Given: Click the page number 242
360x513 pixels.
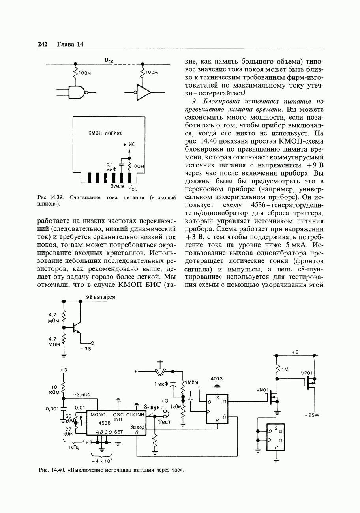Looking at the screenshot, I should coord(42,44).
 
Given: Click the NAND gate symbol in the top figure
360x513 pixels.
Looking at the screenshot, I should coord(77,93).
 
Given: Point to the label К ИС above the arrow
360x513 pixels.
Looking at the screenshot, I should coord(129,144).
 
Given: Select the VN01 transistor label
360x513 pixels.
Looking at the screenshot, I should coord(262,390).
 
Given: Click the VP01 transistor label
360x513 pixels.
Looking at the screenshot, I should coord(307,373).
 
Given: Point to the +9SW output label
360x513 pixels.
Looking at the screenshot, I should coord(311,415).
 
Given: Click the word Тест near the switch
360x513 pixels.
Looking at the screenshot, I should coord(164,422).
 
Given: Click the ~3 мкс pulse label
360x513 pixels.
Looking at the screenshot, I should coord(81,395).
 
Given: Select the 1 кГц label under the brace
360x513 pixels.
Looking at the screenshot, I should coord(73,447).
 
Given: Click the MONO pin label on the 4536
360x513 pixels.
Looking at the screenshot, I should coord(98,415).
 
